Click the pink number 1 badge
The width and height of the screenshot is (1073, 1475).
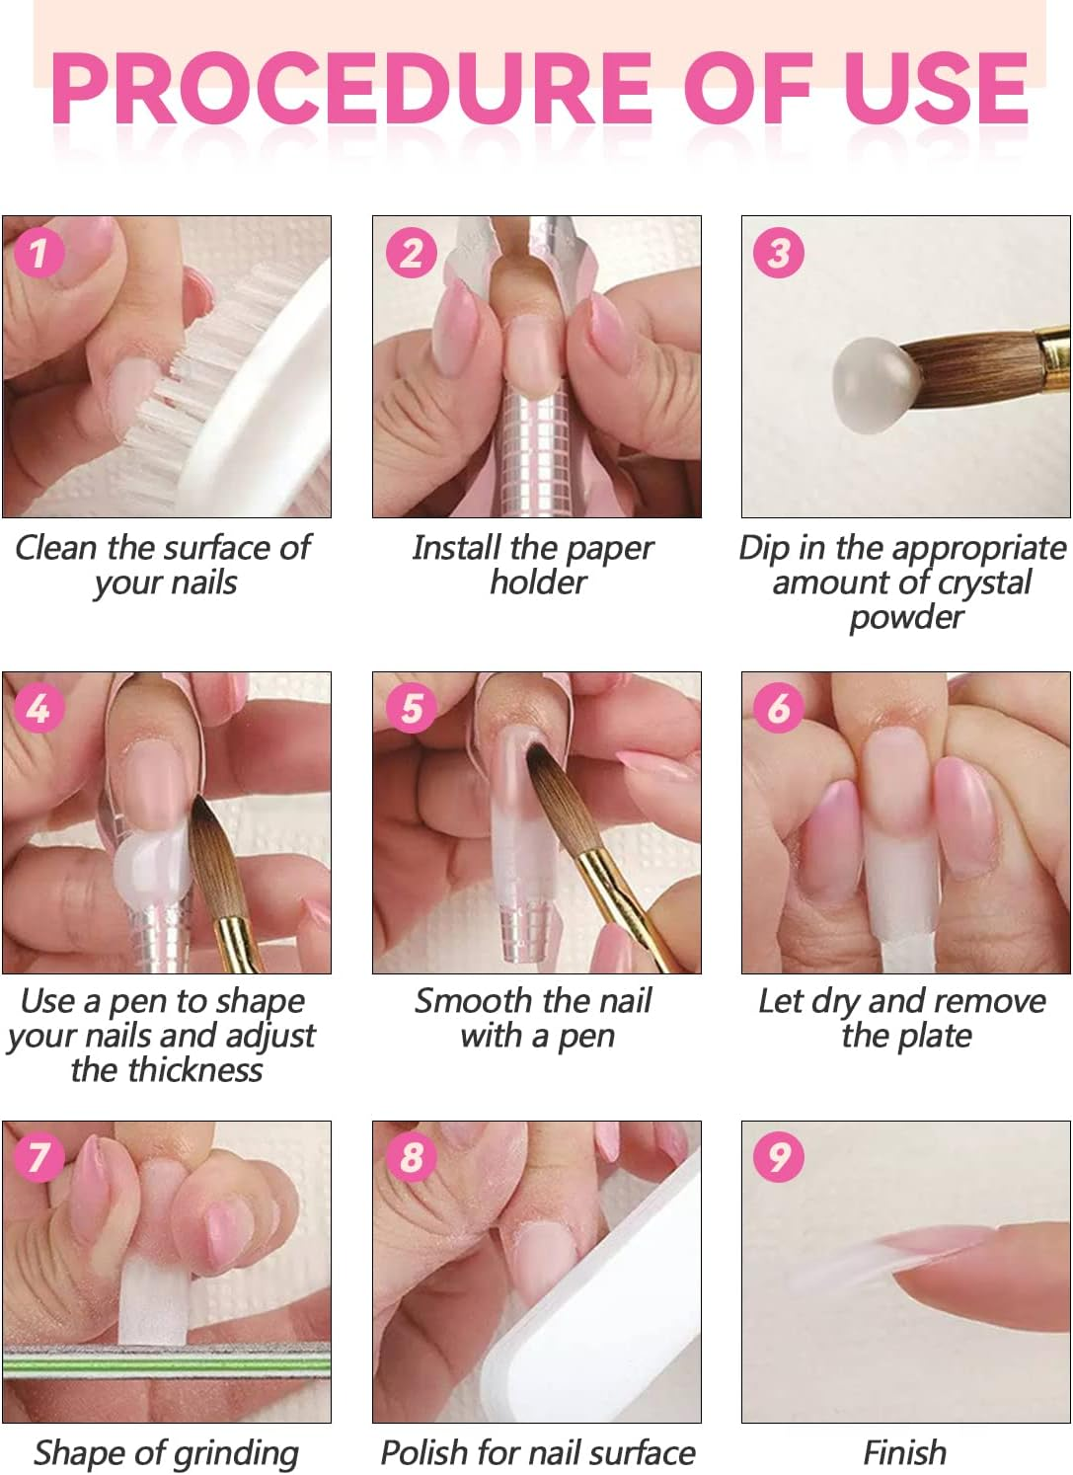[38, 253]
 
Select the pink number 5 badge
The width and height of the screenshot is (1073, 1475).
[410, 708]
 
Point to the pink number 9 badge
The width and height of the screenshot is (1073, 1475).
[779, 1156]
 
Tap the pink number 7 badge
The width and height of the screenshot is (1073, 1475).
[38, 1156]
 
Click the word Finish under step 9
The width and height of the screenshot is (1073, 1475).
[904, 1453]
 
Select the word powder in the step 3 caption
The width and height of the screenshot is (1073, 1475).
[906, 618]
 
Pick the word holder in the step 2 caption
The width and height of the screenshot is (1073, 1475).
[538, 582]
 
